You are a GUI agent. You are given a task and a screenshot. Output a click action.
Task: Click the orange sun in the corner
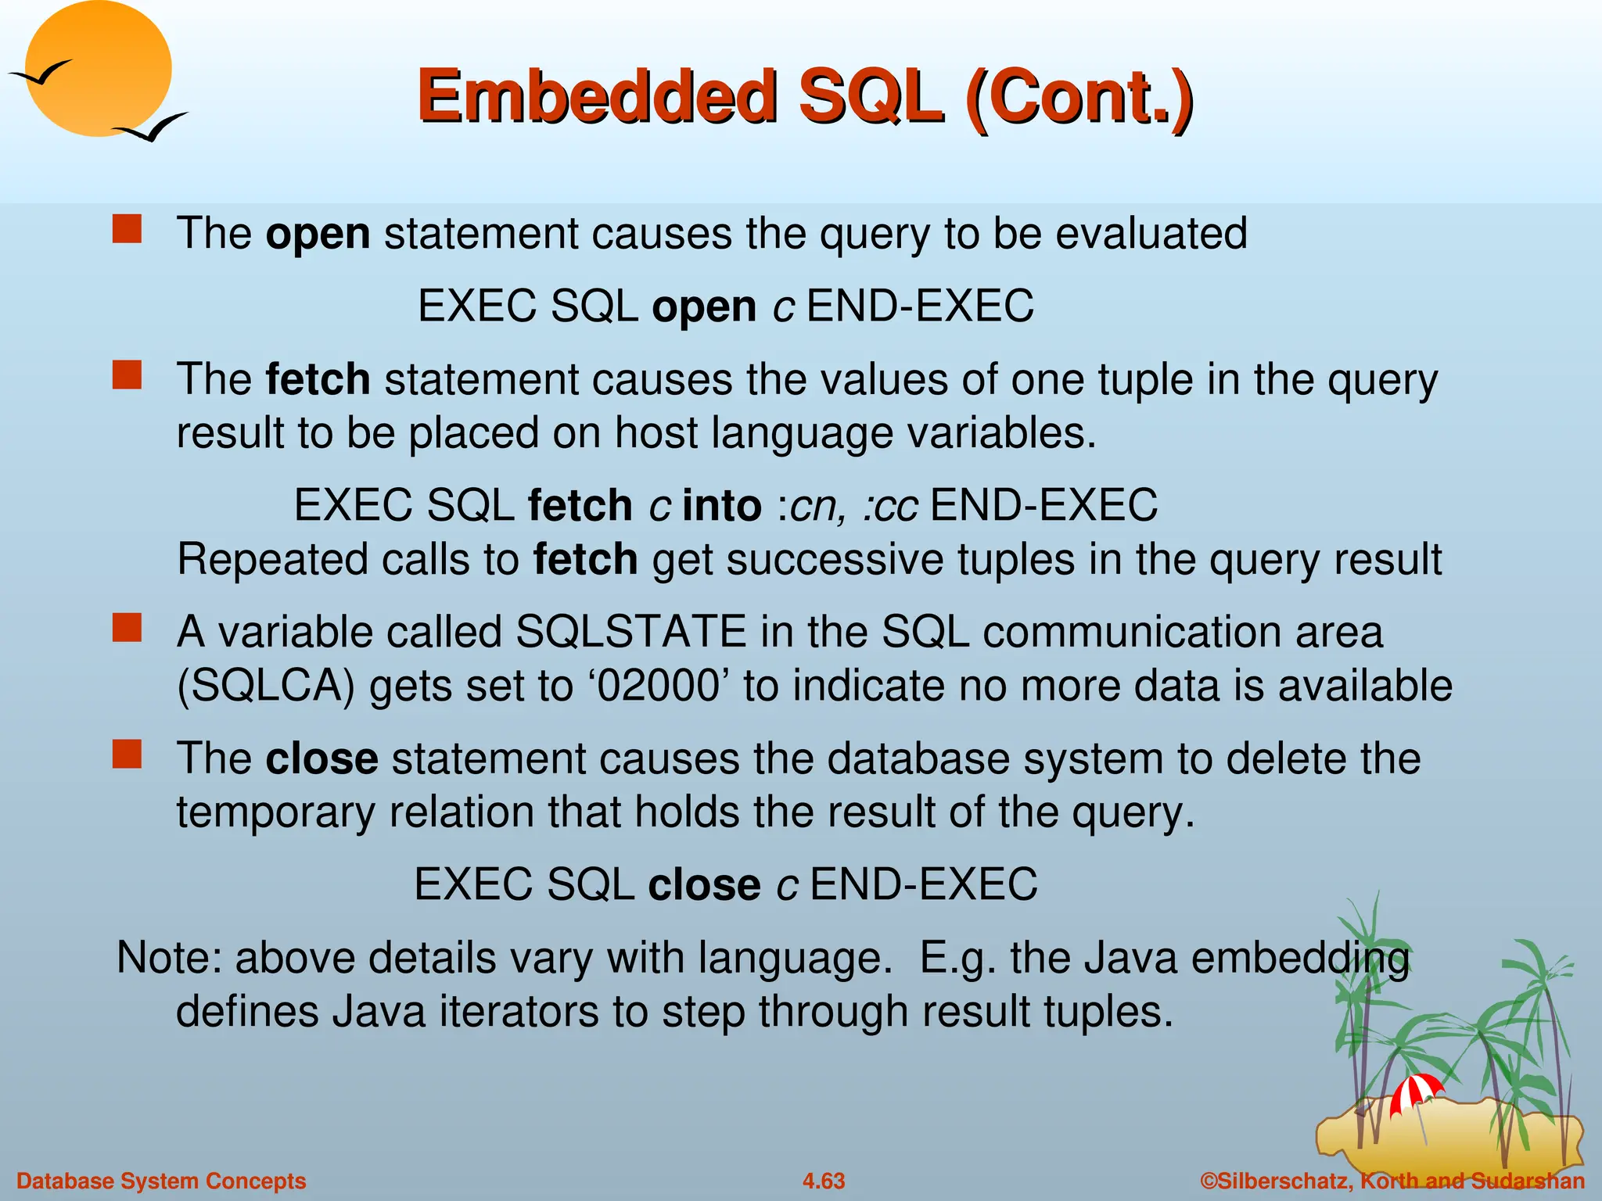tap(98, 66)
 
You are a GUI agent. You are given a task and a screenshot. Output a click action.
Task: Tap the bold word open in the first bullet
tap(318, 234)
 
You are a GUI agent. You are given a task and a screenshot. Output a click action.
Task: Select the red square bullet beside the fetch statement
tap(127, 375)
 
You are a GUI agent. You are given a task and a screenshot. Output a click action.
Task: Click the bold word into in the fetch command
tap(722, 505)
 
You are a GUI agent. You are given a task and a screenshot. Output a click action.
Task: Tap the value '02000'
tap(657, 686)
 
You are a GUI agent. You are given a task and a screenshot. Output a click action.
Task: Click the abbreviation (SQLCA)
tap(266, 686)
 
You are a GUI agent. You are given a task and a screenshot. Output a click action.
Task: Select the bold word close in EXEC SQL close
tap(704, 884)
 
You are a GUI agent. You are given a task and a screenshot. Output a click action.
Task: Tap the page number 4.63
tap(823, 1181)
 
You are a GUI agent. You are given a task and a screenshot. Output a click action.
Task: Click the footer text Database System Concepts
tap(161, 1181)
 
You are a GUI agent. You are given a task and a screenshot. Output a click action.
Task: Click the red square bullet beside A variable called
tap(127, 628)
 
